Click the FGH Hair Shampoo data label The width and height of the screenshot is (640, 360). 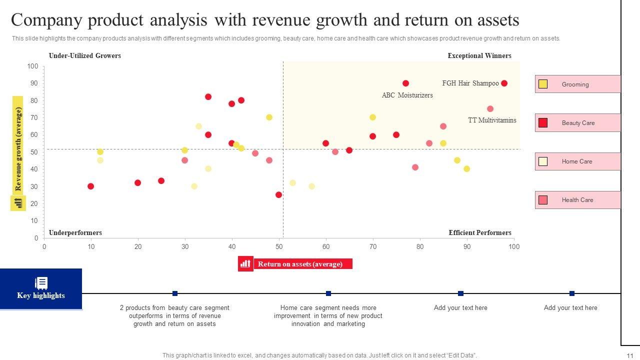pos(470,83)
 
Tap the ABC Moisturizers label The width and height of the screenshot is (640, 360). pos(407,95)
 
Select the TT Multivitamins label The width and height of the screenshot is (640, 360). pos(492,120)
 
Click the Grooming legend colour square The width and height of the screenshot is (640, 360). pos(542,84)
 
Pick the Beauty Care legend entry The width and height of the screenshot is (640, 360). pos(577,123)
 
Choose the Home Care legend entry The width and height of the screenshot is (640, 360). pos(576,161)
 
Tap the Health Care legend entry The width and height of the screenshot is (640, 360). pos(577,200)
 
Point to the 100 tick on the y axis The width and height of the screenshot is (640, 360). pos(32,66)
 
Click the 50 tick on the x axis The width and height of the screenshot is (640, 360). pos(279,246)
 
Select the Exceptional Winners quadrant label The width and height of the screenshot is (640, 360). pos(479,56)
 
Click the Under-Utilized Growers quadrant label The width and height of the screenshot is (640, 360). pos(84,56)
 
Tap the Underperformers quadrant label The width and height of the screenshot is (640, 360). pos(75,233)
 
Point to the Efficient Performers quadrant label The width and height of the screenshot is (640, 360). pos(479,233)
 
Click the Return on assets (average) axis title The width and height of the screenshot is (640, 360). pos(300,264)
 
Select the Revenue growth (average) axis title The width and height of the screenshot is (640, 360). pos(19,149)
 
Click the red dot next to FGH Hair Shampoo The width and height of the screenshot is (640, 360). pos(504,83)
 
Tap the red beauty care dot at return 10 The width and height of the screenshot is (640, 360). pos(90,186)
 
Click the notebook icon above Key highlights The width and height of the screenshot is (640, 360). pos(41,283)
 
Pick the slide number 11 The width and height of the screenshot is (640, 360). pos(629,355)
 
